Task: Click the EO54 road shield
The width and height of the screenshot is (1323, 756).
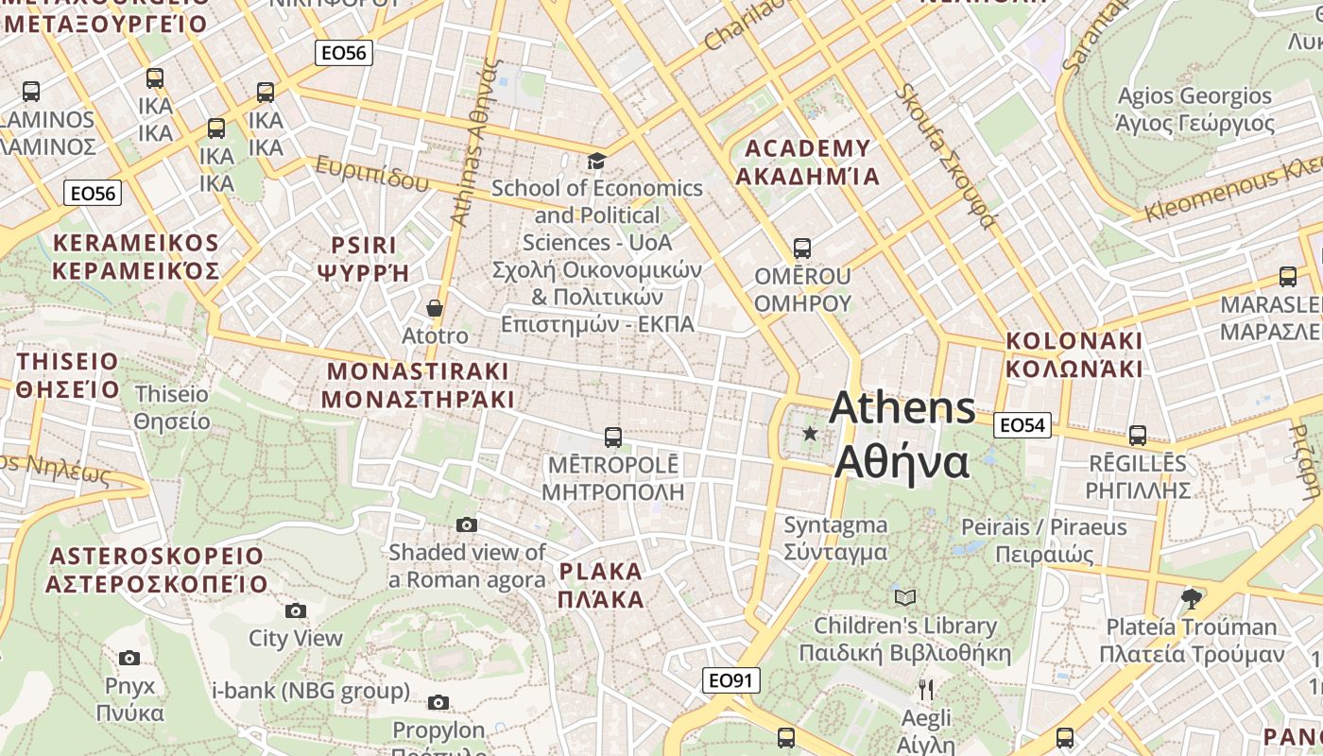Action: click(x=1022, y=425)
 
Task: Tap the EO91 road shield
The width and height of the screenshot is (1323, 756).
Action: click(x=731, y=679)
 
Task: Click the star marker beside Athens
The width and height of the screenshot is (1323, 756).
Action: click(x=810, y=434)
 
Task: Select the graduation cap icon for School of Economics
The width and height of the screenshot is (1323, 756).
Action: click(x=596, y=161)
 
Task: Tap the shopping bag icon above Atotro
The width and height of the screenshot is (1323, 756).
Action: click(x=435, y=308)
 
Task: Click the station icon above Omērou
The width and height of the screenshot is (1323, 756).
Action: click(x=802, y=249)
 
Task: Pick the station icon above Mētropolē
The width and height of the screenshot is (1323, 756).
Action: click(x=613, y=438)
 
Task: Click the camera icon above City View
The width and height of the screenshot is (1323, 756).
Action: click(x=296, y=610)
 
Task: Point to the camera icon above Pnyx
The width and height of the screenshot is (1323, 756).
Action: click(x=129, y=658)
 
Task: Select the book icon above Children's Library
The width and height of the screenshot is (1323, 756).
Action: click(x=905, y=597)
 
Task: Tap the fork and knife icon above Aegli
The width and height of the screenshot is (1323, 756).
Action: click(x=926, y=690)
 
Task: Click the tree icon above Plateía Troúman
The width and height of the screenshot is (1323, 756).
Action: click(x=1191, y=598)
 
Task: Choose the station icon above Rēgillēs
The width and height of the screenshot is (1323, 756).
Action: click(x=1138, y=436)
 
